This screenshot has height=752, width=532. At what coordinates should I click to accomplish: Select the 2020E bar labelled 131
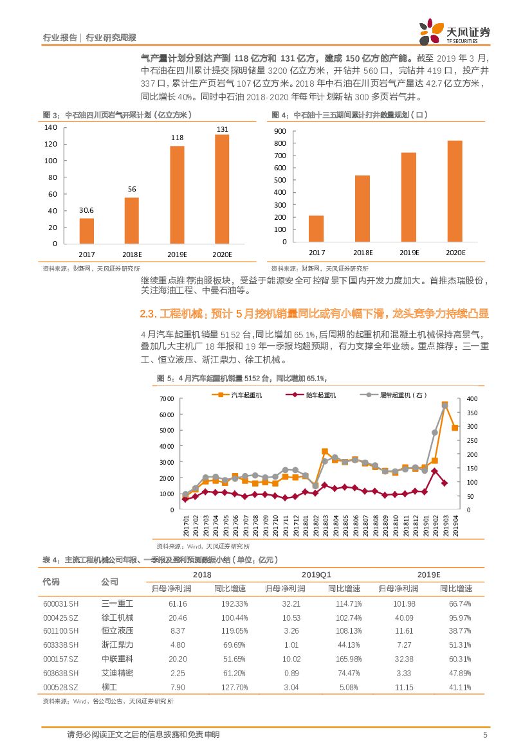pos(221,189)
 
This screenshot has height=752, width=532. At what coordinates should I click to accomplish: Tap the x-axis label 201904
pos(454,523)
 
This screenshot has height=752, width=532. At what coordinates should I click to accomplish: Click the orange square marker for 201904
pos(455,427)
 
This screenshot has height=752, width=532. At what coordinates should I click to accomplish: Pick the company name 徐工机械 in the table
pos(117,617)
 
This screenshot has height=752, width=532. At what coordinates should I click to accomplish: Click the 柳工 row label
pos(109,688)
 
